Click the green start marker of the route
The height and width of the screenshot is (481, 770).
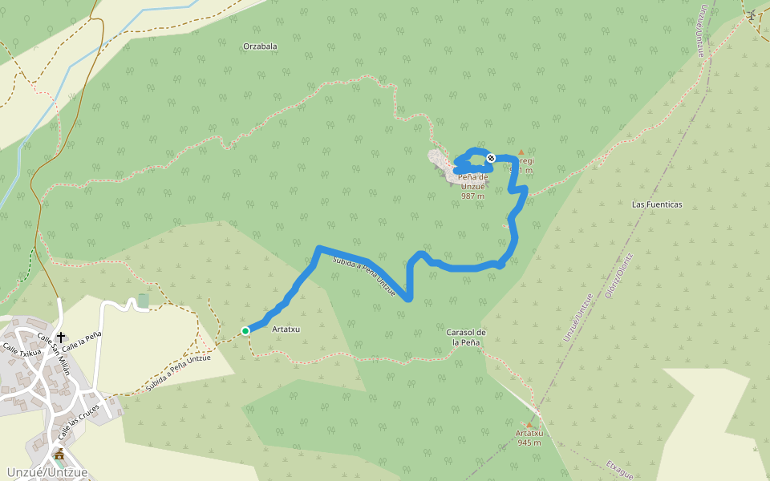[x=245, y=330]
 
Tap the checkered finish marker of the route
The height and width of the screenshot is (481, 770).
[x=490, y=158]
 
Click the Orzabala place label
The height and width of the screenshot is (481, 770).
[x=260, y=46]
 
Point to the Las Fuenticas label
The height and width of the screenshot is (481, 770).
[x=657, y=204]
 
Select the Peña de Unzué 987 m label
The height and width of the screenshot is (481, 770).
[x=473, y=186]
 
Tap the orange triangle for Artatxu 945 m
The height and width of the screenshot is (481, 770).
[x=529, y=425]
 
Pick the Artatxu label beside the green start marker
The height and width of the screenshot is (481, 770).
[x=286, y=329]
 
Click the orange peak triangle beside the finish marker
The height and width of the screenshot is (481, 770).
[x=521, y=152]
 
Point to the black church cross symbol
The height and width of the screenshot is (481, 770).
[x=61, y=337]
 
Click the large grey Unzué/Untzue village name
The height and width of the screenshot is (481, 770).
[x=45, y=472]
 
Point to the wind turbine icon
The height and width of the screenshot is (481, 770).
[x=752, y=15]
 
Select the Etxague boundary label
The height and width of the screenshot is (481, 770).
[x=620, y=469]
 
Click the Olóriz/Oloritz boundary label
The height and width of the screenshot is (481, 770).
[x=618, y=276]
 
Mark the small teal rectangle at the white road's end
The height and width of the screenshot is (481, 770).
[x=143, y=301]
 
